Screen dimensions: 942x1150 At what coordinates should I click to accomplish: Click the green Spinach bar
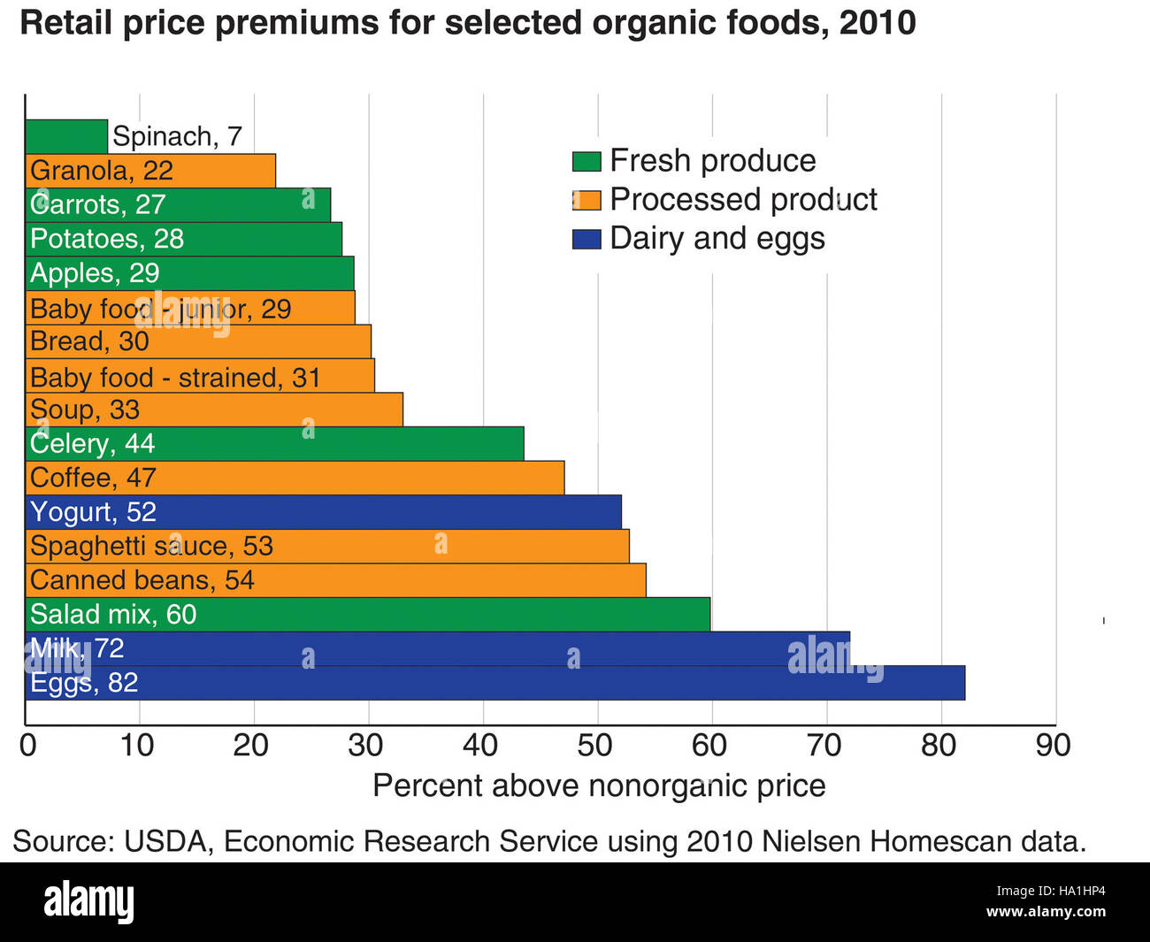point(66,136)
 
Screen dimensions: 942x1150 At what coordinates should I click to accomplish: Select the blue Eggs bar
point(495,683)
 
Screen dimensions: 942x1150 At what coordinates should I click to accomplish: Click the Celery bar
point(274,443)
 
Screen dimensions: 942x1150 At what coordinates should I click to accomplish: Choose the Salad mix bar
point(368,614)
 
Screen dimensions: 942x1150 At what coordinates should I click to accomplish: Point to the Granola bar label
point(101,171)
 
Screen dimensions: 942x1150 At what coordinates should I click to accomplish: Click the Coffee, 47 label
point(93,478)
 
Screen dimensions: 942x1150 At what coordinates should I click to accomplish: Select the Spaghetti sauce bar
point(327,546)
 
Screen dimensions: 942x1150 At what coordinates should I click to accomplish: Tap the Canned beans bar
point(336,580)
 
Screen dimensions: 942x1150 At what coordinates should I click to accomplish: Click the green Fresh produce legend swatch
point(586,161)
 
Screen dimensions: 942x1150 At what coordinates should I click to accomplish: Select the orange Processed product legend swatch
point(586,200)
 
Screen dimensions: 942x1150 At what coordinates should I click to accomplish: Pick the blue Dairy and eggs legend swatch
point(586,239)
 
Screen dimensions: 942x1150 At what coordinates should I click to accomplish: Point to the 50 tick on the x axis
point(595,745)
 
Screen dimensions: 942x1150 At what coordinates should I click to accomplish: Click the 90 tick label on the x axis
point(1053,745)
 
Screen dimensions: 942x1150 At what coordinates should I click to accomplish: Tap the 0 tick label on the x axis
point(28,745)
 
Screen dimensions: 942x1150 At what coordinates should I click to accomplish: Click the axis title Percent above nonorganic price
point(599,785)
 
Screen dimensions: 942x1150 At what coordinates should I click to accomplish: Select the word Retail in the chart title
point(66,23)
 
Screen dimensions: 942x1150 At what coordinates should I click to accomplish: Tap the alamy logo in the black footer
point(89,901)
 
